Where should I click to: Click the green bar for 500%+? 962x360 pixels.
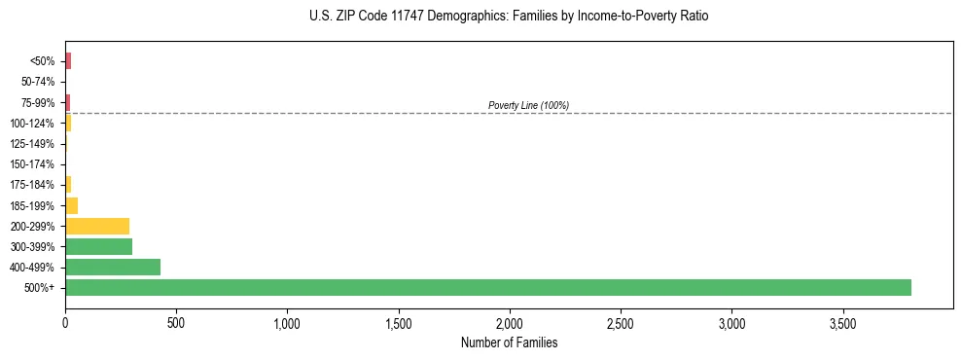[x=487, y=287]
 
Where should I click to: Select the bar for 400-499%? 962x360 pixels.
[x=113, y=267]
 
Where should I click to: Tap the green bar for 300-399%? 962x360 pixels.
[x=98, y=246]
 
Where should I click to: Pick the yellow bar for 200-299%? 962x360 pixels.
[x=97, y=226]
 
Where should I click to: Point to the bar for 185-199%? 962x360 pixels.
[x=71, y=205]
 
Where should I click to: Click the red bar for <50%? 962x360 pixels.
[x=68, y=61]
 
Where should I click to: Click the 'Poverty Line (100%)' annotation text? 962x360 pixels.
[x=528, y=105]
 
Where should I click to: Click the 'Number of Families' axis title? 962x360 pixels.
[x=509, y=342]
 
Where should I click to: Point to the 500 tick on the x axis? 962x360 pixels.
[x=176, y=323]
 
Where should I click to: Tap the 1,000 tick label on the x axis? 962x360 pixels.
[x=287, y=323]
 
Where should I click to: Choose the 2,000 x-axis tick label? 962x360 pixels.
[x=509, y=323]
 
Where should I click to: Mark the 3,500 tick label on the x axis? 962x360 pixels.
[x=842, y=323]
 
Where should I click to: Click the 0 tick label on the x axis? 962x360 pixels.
[x=65, y=323]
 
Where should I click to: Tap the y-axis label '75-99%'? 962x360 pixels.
[x=38, y=102]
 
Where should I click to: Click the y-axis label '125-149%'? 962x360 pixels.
[x=35, y=144]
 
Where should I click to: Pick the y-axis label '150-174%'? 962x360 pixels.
[x=35, y=164]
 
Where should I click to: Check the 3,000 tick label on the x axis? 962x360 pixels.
[x=731, y=323]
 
